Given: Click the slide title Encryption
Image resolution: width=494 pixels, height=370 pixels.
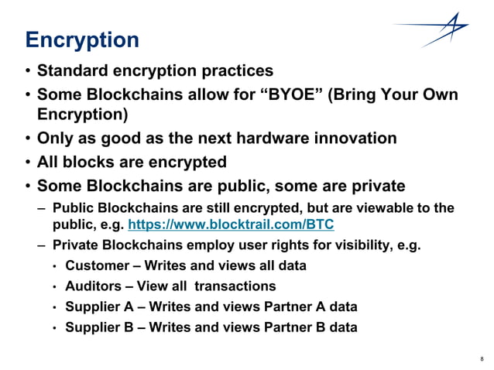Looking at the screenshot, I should pos(82,40).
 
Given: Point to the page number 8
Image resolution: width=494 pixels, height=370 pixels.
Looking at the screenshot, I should pos(482,358).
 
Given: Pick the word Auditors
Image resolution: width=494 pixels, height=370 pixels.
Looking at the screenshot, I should pos(94,286).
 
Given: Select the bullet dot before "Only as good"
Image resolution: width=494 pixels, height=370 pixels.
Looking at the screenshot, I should pos(27,140).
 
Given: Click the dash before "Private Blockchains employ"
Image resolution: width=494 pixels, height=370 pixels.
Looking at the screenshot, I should pos(40,246).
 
